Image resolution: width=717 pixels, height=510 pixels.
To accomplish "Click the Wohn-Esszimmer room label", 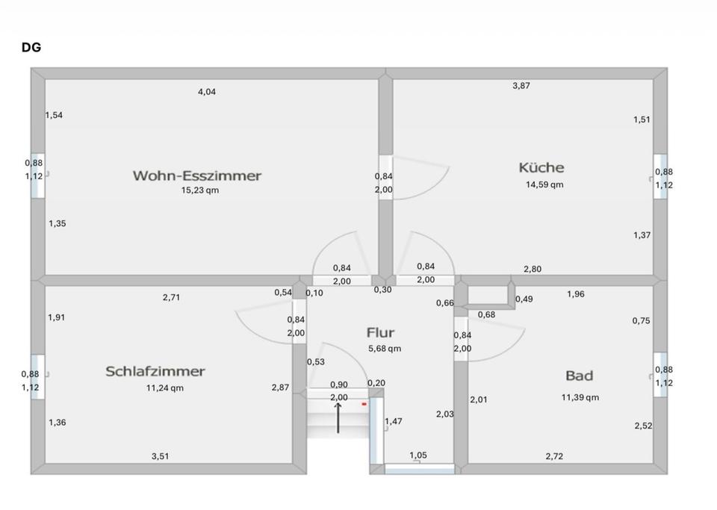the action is pyautogui.click(x=197, y=175).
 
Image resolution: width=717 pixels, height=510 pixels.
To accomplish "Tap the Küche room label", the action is pyautogui.click(x=541, y=167).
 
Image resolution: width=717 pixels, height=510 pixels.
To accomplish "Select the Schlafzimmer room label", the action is pyautogui.click(x=155, y=371).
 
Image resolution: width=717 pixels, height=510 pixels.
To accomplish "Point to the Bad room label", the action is pyautogui.click(x=579, y=375).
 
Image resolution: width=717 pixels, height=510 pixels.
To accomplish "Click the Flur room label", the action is pyautogui.click(x=380, y=332).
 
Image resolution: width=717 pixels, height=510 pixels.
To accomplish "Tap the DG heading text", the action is pyautogui.click(x=31, y=48).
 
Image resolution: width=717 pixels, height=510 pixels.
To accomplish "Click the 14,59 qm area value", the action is pyautogui.click(x=544, y=184).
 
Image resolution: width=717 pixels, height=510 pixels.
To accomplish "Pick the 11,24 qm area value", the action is pyautogui.click(x=165, y=388).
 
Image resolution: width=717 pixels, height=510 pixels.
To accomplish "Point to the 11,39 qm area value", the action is pyautogui.click(x=580, y=397).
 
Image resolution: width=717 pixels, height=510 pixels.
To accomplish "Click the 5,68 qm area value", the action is pyautogui.click(x=385, y=349).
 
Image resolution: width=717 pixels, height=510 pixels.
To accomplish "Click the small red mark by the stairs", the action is pyautogui.click(x=364, y=404).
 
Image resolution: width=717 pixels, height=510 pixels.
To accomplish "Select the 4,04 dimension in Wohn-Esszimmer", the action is pyautogui.click(x=207, y=92).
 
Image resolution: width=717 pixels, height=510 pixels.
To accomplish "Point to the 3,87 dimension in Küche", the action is pyautogui.click(x=521, y=86).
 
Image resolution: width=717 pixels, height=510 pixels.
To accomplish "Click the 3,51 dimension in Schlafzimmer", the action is pyautogui.click(x=160, y=455).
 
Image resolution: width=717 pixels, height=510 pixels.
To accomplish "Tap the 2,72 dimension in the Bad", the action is pyautogui.click(x=555, y=455).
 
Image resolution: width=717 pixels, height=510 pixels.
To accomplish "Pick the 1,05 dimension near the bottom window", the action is pyautogui.click(x=418, y=455).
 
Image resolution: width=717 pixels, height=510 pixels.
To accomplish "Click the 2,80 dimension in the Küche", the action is pyautogui.click(x=533, y=269).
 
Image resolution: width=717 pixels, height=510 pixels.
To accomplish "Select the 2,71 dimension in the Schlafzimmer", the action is pyautogui.click(x=171, y=297).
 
